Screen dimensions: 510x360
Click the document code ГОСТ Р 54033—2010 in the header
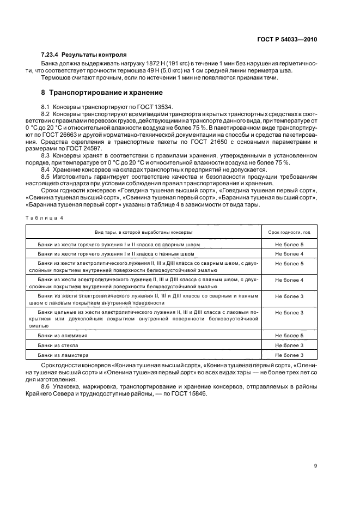click(291, 39)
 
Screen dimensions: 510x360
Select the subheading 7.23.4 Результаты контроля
click(84, 55)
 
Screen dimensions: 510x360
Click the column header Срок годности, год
click(289, 232)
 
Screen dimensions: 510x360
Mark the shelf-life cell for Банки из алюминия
click(289, 336)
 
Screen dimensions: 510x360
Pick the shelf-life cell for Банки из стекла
click(289, 345)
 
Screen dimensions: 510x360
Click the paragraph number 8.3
click(46, 155)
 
